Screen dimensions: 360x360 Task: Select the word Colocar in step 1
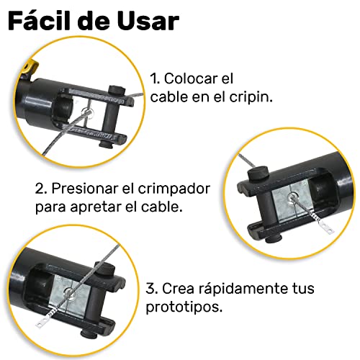190,78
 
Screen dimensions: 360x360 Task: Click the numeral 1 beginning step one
153,78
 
